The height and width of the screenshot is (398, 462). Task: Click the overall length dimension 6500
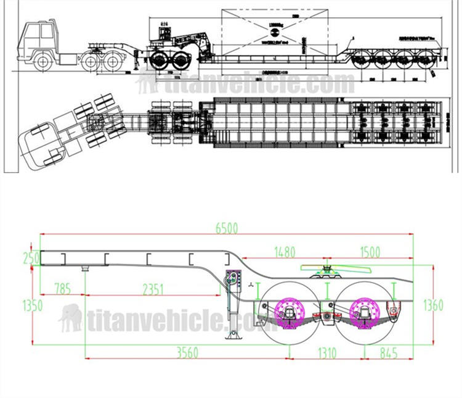coord(227,227)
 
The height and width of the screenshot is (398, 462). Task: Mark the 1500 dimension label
coord(369,252)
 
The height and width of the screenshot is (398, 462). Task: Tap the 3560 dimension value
coord(187,352)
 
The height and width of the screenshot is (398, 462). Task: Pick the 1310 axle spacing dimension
coord(327,352)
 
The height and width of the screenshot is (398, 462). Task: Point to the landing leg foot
coord(233,337)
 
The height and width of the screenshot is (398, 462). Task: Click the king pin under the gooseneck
coord(85,268)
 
